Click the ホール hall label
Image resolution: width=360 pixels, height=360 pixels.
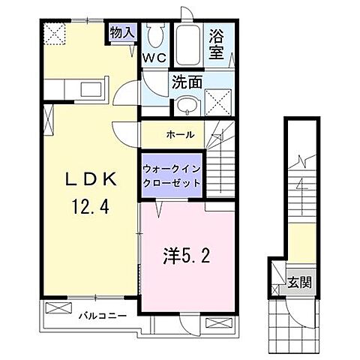181,135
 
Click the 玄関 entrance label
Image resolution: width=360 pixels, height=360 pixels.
298,283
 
